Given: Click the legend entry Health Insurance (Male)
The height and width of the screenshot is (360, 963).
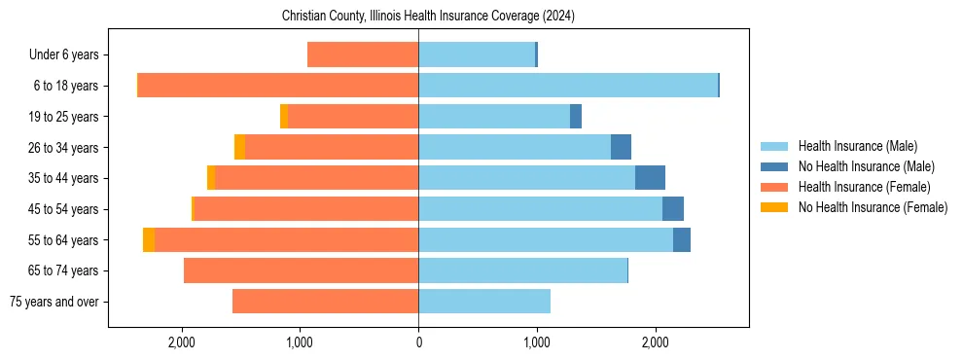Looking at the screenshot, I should tap(857, 146).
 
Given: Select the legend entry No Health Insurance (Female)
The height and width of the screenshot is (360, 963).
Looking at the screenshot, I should tap(873, 207).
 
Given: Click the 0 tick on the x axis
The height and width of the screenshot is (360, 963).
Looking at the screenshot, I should tap(418, 342).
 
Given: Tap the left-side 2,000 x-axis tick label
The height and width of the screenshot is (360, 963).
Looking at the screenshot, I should tap(182, 342).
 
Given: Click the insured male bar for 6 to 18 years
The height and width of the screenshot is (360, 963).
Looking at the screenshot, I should tap(568, 86).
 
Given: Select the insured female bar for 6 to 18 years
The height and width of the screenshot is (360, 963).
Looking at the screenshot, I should tap(278, 86).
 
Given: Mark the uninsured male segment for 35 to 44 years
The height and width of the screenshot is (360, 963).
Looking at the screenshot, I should tap(650, 178).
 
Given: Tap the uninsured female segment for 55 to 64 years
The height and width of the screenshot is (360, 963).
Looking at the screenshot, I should tap(149, 240).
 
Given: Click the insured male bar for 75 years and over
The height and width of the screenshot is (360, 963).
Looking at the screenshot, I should tap(484, 302).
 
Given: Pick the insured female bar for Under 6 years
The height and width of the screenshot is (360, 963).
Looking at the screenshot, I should tap(363, 54).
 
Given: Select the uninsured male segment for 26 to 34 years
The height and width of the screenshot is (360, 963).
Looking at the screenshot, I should tap(621, 147).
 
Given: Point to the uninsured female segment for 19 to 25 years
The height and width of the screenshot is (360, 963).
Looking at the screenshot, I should tap(284, 117).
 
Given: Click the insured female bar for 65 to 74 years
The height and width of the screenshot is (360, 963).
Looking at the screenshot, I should tap(301, 270).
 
